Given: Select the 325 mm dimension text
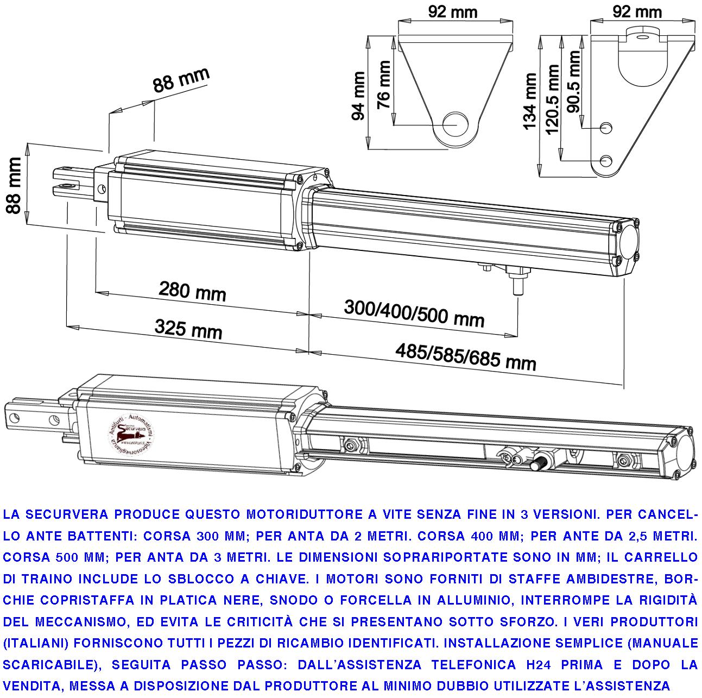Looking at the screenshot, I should (188, 329).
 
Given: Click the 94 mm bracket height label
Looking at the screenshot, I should (359, 96).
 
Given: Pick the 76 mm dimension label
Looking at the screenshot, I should (384, 85).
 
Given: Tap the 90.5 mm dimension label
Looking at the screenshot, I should (573, 81).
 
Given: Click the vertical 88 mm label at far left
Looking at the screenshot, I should (14, 185).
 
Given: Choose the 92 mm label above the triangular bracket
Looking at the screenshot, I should (452, 11).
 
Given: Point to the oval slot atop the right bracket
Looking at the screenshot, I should (643, 37).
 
